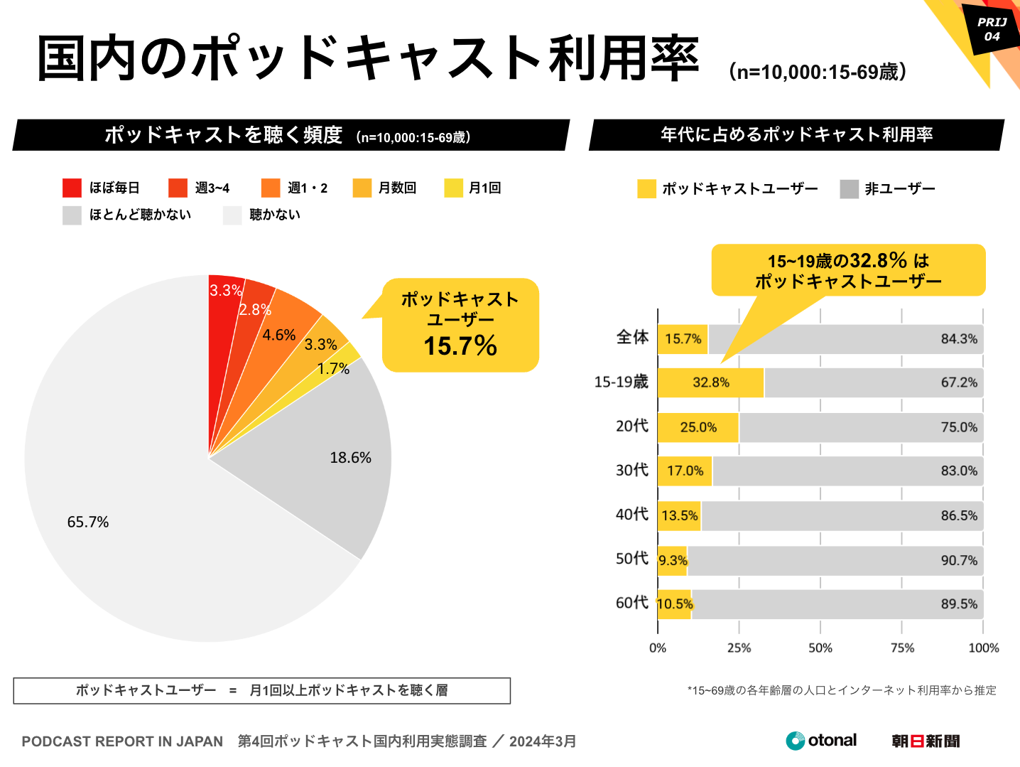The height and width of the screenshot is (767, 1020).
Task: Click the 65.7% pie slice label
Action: pos(88,522)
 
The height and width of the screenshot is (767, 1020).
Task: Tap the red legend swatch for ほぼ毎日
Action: pos(72,188)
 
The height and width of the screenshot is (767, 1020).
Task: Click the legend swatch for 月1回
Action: pos(453,188)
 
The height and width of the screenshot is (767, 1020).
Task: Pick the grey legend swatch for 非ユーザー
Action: pos(849,189)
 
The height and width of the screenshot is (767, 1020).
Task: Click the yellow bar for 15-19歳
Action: pos(710,382)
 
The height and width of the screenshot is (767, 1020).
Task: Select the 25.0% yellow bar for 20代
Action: pos(698,427)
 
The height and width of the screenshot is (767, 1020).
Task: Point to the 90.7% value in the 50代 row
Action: pos(959,560)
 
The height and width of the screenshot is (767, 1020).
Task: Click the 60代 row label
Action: pos(632,603)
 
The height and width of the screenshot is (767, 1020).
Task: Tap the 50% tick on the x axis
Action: pos(820,648)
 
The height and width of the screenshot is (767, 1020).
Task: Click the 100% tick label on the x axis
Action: pos(983,648)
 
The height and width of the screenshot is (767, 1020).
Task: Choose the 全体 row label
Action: pos(632,338)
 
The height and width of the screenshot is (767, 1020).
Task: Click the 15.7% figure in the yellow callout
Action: pos(460,346)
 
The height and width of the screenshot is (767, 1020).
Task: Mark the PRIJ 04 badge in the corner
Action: pos(992,29)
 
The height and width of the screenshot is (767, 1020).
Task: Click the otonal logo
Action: pos(821,741)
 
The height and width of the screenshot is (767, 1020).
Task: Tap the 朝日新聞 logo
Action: pos(926,741)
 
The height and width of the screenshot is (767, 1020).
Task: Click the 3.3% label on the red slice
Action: pos(226,290)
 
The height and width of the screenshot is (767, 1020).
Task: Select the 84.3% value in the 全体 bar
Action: pos(959,339)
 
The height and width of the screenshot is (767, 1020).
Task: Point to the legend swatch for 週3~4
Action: pos(178,188)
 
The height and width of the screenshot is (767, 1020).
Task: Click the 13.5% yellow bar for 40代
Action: pos(680,515)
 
